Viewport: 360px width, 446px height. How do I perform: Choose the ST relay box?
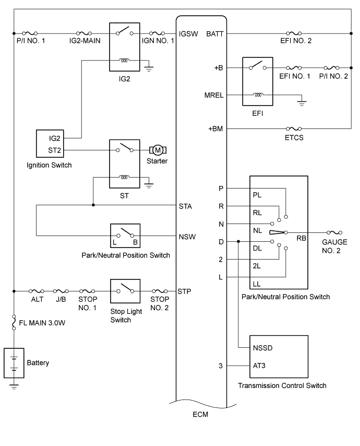pyautogui.click(x=124, y=163)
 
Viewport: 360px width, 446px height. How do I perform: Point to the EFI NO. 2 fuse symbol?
pyautogui.click(x=295, y=35)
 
